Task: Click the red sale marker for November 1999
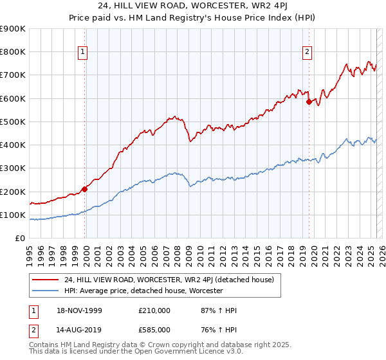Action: click(x=85, y=189)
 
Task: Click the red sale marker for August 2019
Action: click(x=309, y=102)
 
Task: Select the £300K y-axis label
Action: click(x=14, y=168)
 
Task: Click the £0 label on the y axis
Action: click(x=20, y=239)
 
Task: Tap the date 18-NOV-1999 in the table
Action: click(x=80, y=310)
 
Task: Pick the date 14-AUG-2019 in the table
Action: click(x=80, y=328)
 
